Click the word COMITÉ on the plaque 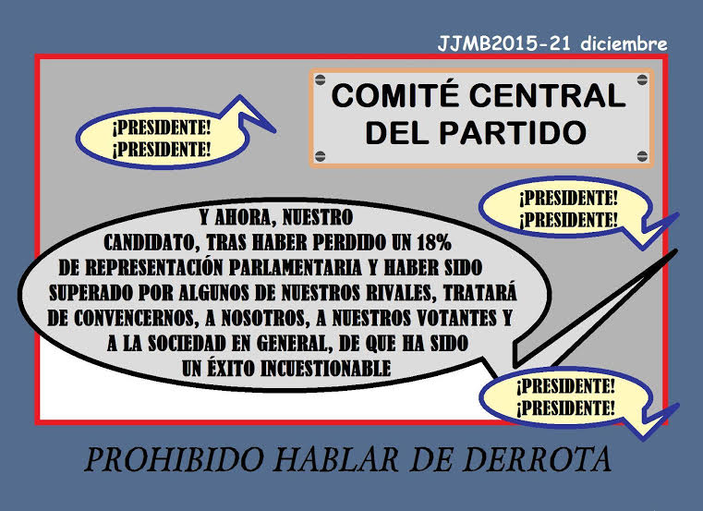396,95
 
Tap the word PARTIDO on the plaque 513,132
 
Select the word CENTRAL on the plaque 548,95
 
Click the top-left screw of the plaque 321,80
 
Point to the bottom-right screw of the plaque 642,156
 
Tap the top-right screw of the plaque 642,80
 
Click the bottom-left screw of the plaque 321,156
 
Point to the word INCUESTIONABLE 325,369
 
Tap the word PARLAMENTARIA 296,268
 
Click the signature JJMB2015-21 504,44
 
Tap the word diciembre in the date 624,44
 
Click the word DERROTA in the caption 533,459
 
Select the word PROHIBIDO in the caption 174,459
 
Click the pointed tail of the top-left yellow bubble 274,132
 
